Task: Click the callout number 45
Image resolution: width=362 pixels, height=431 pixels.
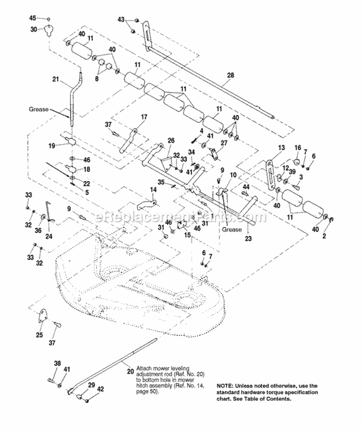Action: (33, 18)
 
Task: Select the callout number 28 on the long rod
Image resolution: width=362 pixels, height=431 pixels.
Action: (230, 75)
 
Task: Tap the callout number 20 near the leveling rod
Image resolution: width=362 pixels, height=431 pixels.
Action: (130, 371)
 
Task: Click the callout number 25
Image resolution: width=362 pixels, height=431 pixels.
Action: (39, 335)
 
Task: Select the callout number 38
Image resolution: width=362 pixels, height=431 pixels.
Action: (57, 363)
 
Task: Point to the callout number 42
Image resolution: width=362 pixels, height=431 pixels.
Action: (100, 388)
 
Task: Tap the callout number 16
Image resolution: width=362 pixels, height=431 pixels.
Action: (297, 147)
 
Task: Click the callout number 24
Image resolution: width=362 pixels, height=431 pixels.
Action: (48, 236)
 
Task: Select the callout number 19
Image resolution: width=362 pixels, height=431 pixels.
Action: (51, 144)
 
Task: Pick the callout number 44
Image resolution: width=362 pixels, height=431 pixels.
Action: (246, 186)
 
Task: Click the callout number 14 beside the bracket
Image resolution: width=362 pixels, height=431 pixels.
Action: (153, 190)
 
